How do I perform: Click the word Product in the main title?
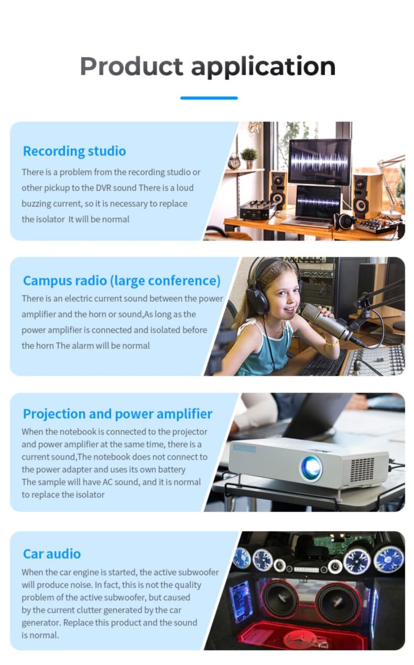click(132, 67)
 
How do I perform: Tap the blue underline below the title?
click(209, 98)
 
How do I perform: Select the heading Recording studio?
click(74, 152)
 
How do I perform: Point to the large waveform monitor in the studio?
click(320, 162)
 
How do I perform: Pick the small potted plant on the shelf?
click(249, 158)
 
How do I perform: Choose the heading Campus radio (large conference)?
click(122, 281)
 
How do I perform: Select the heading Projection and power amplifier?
click(118, 414)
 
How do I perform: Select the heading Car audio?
click(52, 554)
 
